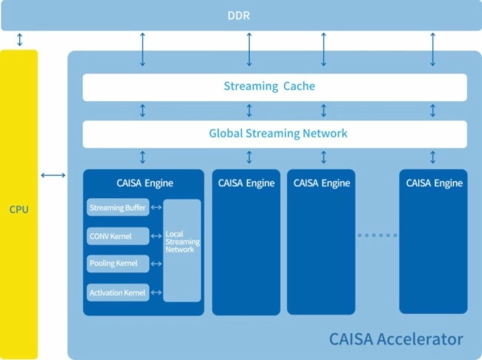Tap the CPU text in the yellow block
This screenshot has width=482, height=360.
pos(19,209)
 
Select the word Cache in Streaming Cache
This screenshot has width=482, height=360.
pos(299,87)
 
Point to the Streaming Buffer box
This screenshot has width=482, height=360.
pos(117,209)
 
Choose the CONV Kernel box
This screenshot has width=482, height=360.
pos(117,236)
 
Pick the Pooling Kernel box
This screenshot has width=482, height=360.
pos(117,264)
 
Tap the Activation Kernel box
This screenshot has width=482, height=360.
pos(117,292)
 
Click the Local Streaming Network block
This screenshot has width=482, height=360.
pos(182,242)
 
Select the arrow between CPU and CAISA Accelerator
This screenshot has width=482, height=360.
pos(53,175)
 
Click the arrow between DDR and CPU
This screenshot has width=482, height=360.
pos(19,39)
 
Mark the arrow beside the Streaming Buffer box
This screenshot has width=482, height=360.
pos(156,209)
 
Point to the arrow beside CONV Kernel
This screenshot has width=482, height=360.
pos(156,236)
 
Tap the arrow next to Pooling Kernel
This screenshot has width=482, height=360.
pos(156,264)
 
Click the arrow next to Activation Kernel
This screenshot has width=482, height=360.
pos(156,292)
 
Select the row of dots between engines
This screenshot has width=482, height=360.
pos(377,236)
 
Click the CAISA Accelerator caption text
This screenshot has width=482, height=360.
pos(395,340)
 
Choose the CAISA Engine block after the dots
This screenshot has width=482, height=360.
pos(434,241)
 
